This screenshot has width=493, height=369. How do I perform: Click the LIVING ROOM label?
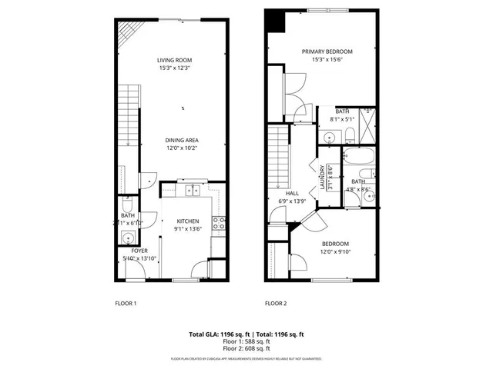pyautogui.click(x=174, y=60)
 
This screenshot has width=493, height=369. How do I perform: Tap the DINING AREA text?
pyautogui.click(x=182, y=140)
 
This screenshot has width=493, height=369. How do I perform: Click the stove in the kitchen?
pyautogui.click(x=219, y=224)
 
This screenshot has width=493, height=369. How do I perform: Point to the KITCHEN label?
pyautogui.click(x=188, y=221)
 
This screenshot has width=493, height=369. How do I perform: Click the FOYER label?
pyautogui.click(x=139, y=251)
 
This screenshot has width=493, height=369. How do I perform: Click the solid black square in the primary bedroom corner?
pyautogui.click(x=274, y=22)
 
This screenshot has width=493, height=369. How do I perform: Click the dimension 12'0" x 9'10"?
pyautogui.click(x=335, y=251)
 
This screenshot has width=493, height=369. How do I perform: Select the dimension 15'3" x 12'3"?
pyautogui.click(x=174, y=68)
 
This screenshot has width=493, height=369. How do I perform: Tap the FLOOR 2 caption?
pyautogui.click(x=276, y=304)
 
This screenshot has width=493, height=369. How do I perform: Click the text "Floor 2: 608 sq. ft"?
pyautogui.click(x=246, y=348)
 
